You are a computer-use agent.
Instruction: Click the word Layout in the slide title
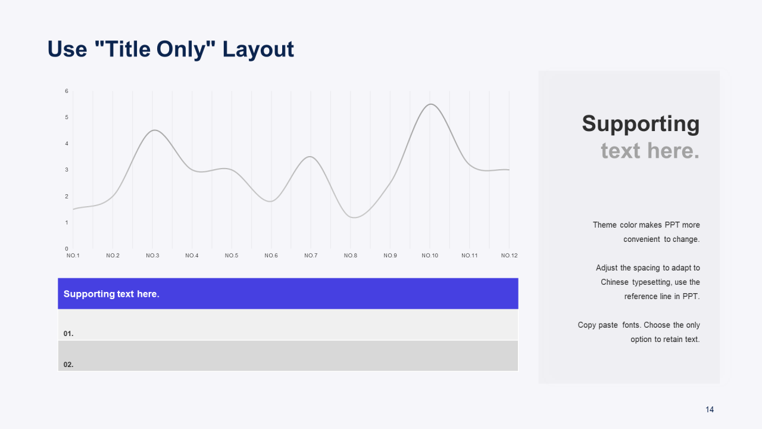click(258, 49)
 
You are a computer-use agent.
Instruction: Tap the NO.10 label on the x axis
click(430, 256)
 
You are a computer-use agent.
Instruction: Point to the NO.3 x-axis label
click(152, 256)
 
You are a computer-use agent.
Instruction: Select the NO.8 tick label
click(351, 256)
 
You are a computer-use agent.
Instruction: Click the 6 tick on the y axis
click(67, 91)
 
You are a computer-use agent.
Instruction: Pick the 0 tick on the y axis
click(67, 248)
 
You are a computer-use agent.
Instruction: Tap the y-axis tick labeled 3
click(67, 170)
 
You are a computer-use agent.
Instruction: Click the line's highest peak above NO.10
click(430, 104)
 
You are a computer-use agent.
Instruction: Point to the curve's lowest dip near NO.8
click(354, 217)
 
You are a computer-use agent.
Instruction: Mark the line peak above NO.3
click(154, 130)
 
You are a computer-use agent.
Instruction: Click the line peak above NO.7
click(310, 157)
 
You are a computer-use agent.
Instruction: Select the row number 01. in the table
click(68, 334)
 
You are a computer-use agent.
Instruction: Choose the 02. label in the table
click(68, 365)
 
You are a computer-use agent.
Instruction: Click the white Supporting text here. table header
click(111, 294)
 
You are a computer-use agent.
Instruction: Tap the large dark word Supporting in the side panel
click(641, 123)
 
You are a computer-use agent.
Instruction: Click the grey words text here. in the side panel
click(650, 151)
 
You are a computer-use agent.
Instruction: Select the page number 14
click(710, 409)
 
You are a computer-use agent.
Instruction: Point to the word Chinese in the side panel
click(614, 282)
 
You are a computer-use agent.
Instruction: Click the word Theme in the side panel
click(604, 225)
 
